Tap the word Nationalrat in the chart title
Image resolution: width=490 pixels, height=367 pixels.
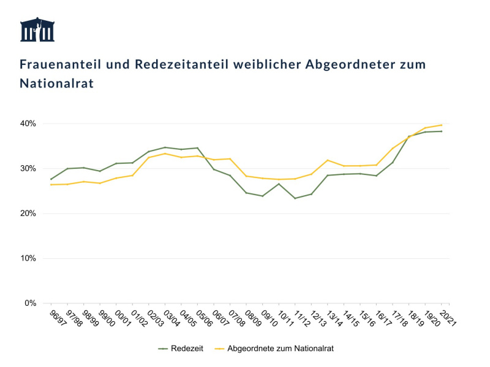tap(56, 83)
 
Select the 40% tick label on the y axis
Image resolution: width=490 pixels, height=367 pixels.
tap(28, 124)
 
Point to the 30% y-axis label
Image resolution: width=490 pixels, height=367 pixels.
tap(28, 168)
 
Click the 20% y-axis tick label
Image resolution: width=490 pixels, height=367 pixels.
tap(28, 213)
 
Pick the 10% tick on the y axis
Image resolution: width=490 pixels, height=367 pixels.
tap(28, 258)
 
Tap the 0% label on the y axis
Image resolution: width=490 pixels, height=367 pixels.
tap(31, 303)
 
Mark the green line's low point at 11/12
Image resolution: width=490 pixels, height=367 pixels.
tap(295, 198)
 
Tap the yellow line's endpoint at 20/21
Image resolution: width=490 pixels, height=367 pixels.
tap(442, 125)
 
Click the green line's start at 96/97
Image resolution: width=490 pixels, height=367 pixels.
tap(51, 179)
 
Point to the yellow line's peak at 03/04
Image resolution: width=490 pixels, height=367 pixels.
tap(165, 154)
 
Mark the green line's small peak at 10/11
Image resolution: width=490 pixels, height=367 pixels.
tap(279, 183)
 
